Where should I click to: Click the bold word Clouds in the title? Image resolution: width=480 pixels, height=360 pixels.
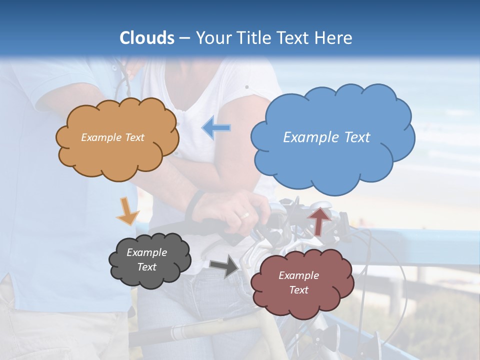(147, 38)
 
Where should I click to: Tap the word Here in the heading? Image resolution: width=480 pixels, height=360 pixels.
(334, 38)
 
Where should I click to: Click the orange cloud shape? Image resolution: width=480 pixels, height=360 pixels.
(117, 155)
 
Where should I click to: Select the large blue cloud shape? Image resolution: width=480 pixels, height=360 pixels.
(332, 160)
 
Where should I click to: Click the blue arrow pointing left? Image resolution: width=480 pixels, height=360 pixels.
(216, 128)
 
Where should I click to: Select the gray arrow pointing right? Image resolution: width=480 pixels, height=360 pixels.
(224, 266)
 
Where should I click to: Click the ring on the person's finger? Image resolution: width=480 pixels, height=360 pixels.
(244, 215)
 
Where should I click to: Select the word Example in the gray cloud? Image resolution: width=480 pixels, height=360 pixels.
(146, 252)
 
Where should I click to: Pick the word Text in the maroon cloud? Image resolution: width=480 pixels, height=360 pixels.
(298, 290)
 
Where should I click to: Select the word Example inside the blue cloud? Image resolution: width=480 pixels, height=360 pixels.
(307, 137)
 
